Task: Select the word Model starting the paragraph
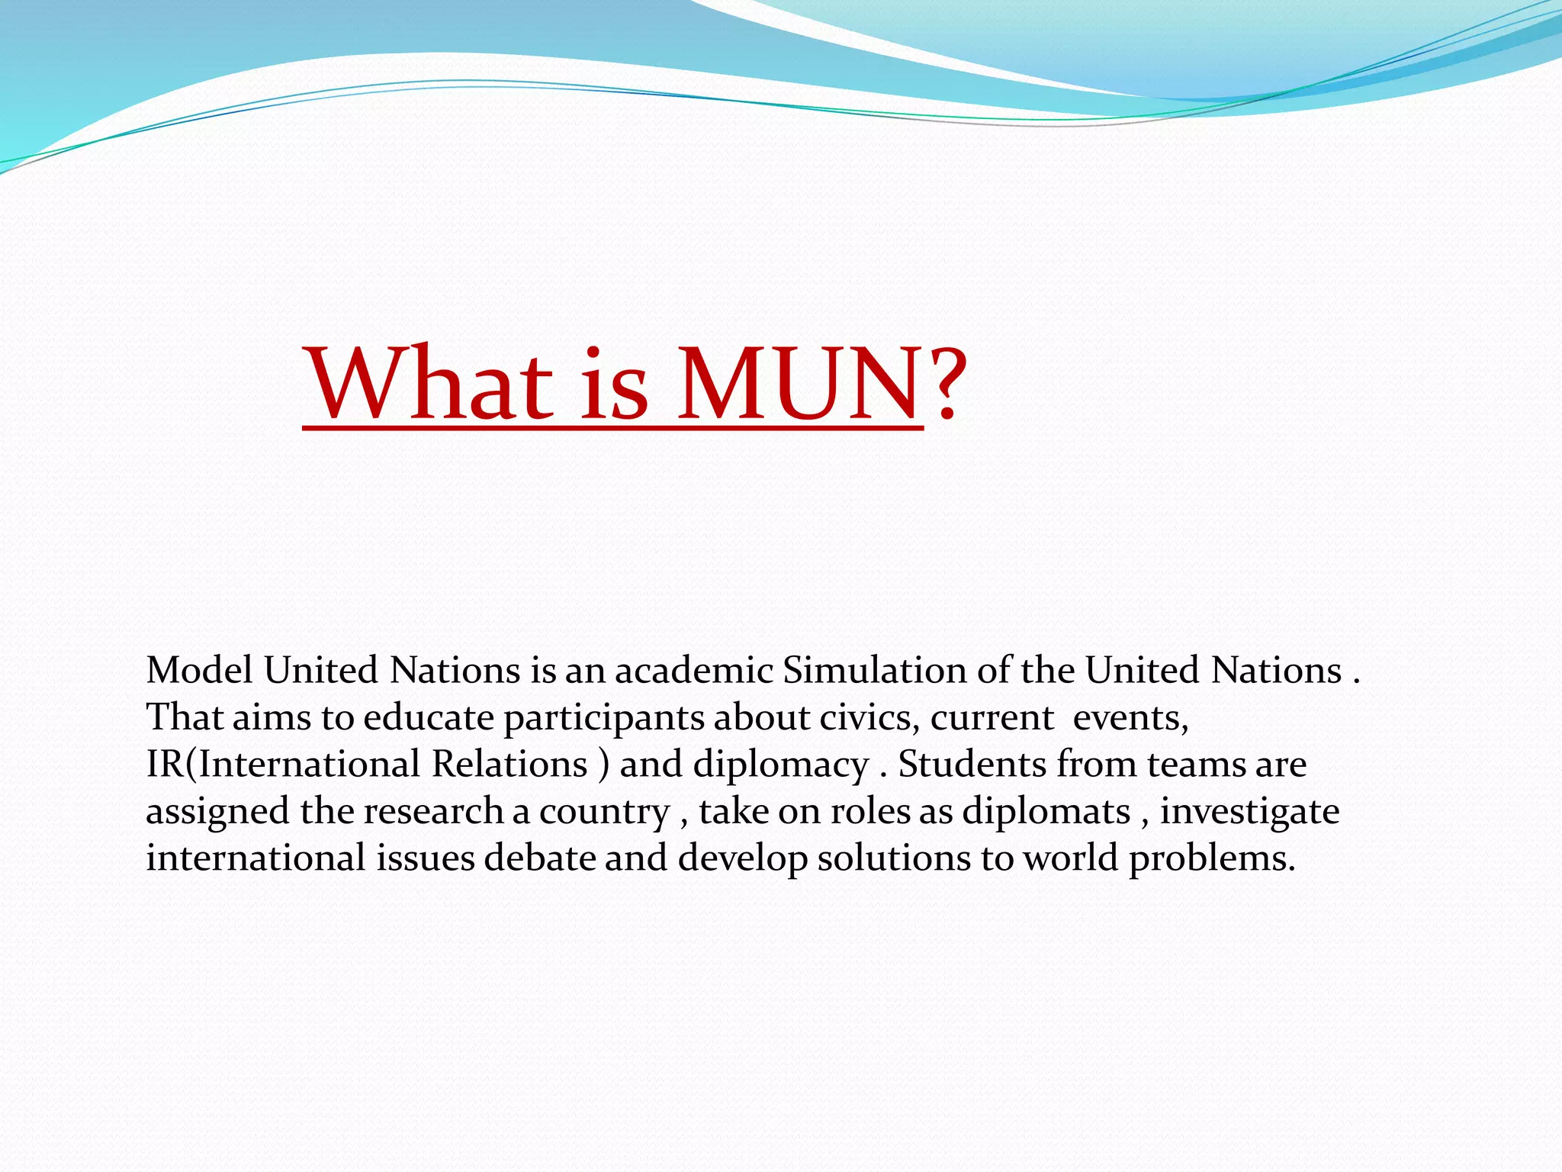point(199,671)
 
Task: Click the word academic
point(694,671)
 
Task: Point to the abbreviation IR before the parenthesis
point(165,765)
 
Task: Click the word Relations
point(509,765)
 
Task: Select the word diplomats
point(1046,812)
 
